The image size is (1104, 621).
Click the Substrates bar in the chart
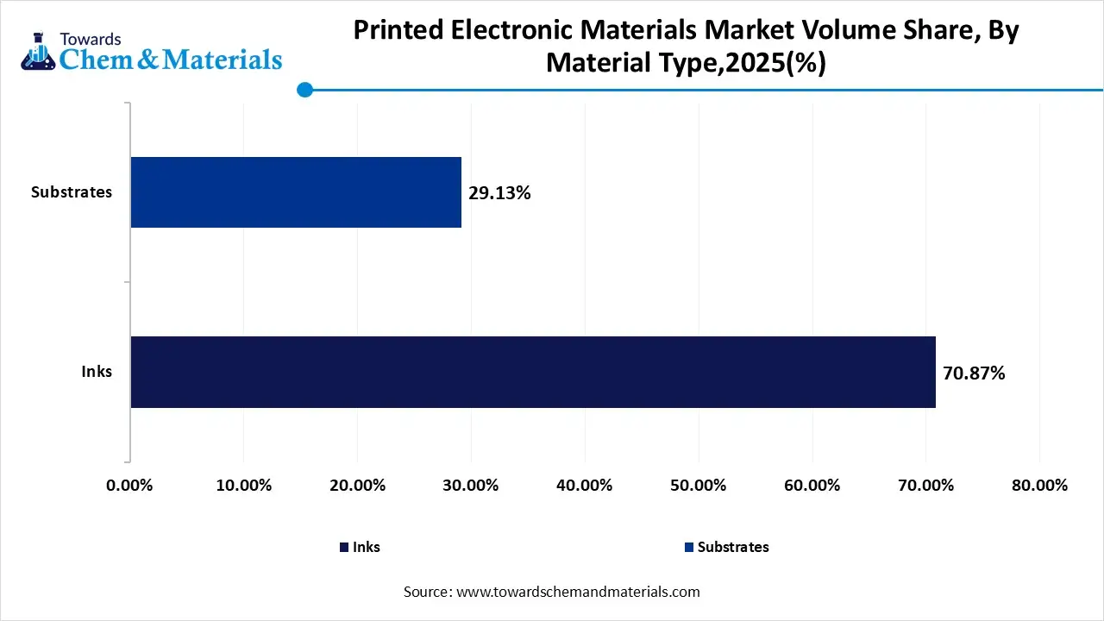pos(296,192)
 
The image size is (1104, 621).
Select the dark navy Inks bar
pos(533,372)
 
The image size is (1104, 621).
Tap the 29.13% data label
pos(499,193)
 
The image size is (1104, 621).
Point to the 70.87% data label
pos(974,373)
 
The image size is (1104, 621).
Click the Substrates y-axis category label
pos(72,192)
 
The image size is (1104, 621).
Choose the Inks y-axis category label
pos(97,373)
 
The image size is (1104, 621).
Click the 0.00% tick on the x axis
pos(129,486)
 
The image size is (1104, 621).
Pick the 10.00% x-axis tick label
pos(243,486)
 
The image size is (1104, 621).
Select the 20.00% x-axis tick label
pos(357,486)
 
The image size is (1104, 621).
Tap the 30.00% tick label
pos(471,486)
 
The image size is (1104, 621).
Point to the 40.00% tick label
pos(585,486)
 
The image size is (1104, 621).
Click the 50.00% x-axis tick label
pos(699,486)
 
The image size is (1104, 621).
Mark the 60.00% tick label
pos(812,486)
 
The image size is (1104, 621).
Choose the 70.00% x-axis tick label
pos(926,486)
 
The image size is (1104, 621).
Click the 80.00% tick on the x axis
pos(1040,486)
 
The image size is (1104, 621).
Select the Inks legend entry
pos(360,547)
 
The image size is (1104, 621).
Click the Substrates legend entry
pos(726,547)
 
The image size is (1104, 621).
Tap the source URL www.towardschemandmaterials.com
pos(576,592)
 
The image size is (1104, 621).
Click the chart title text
pos(686,47)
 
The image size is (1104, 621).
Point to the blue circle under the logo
pos(304,90)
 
